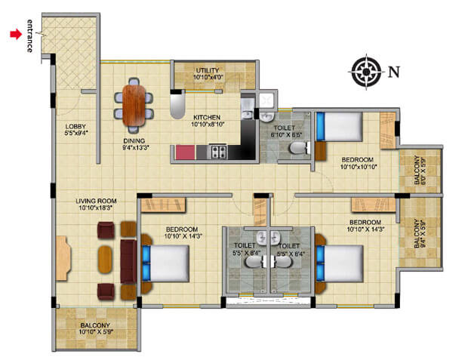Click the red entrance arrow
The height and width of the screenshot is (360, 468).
point(14,34)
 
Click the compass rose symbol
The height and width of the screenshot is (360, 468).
point(366,72)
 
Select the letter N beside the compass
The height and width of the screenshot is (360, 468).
point(393,72)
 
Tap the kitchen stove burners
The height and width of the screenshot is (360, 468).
point(218,152)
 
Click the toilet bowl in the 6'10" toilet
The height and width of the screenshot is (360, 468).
point(297,147)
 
